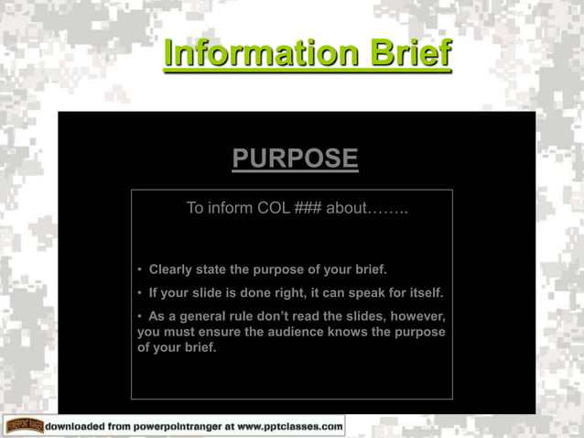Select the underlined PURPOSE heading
tap(295, 159)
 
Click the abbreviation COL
tap(274, 208)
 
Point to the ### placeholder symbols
tap(308, 208)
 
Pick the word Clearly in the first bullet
tap(174, 269)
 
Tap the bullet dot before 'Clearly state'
tap(140, 270)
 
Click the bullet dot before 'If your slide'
tap(140, 294)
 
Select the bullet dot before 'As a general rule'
tap(140, 316)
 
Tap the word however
tap(416, 315)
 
